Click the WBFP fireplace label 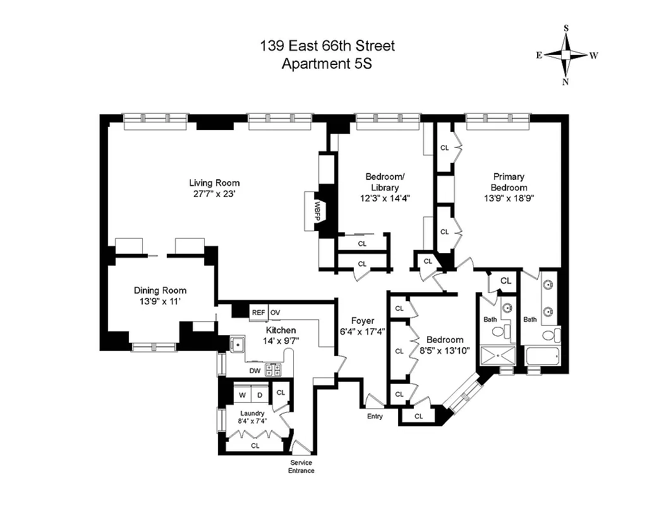[313, 208]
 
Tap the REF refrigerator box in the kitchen [258, 312]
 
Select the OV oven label [276, 312]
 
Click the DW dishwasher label [255, 371]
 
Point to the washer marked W [241, 395]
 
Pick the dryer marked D [258, 395]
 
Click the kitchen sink [238, 345]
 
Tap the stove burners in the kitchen [274, 369]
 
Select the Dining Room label [160, 290]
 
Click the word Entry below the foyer [375, 416]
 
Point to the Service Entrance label [301, 466]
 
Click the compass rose [566, 55]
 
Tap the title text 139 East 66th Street [327, 45]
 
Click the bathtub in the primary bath [542, 357]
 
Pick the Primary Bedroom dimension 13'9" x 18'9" [509, 198]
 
